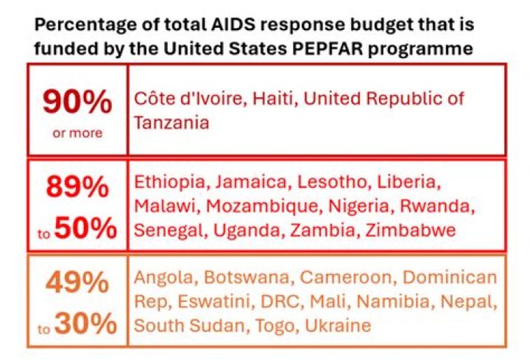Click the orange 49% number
(77, 283)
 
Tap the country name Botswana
(241, 278)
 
